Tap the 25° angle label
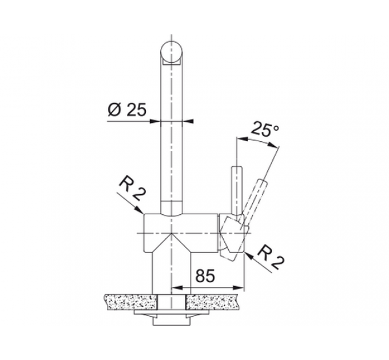[x=265, y=129]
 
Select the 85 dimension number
[x=205, y=275]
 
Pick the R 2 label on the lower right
[x=271, y=258]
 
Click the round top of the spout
[x=172, y=53]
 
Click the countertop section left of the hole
[x=131, y=302]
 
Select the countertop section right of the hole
[x=212, y=302]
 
